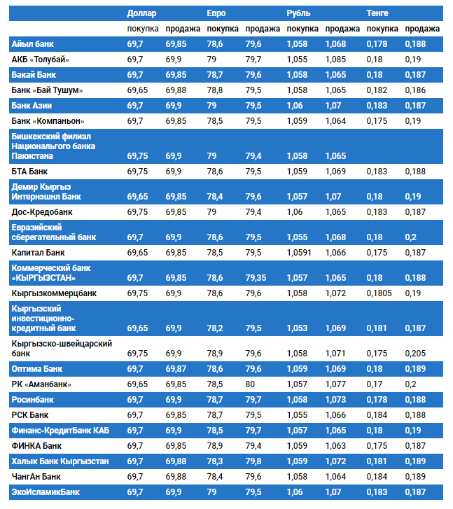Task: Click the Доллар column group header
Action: pyautogui.click(x=142, y=13)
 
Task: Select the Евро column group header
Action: pyautogui.click(x=216, y=13)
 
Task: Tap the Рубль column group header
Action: pyautogui.click(x=299, y=13)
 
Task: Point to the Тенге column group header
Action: pyautogui.click(x=379, y=13)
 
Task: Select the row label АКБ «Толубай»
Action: pyautogui.click(x=41, y=59)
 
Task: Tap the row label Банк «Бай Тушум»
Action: pyautogui.click(x=48, y=90)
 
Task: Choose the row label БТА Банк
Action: pyautogui.click(x=30, y=171)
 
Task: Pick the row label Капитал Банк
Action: pyautogui.click(x=38, y=251)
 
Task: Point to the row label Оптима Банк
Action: pyautogui.click(x=38, y=368)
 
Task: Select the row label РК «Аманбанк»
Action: pyautogui.click(x=42, y=384)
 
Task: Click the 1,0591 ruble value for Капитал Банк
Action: pyautogui.click(x=301, y=251)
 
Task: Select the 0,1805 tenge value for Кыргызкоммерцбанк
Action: pyautogui.click(x=379, y=292)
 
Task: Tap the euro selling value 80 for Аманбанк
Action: pyautogui.click(x=251, y=384)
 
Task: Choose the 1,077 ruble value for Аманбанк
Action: pyautogui.click(x=335, y=384)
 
